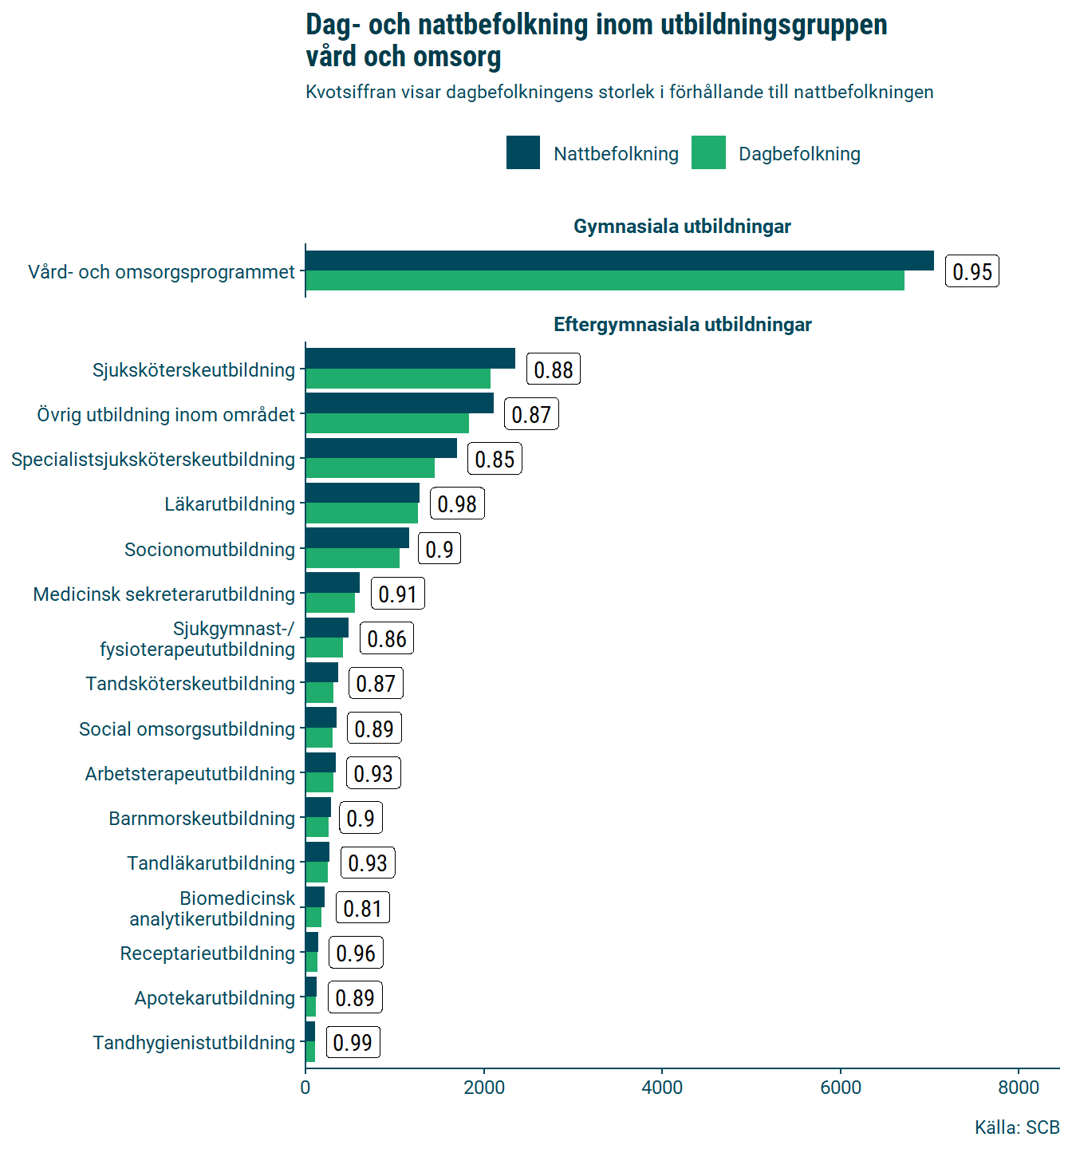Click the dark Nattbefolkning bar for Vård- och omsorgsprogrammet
(619, 261)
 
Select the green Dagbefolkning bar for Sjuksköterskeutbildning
(398, 379)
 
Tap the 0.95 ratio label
(972, 272)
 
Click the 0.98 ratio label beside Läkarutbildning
(457, 504)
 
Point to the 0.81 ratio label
(363, 909)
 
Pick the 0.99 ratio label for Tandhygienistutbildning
(353, 1043)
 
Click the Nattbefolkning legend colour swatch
(522, 153)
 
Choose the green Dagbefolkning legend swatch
(708, 153)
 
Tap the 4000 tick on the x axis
(662, 1088)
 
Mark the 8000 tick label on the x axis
(1019, 1088)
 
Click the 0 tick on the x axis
(305, 1088)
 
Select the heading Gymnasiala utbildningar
(682, 227)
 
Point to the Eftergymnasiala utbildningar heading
(682, 325)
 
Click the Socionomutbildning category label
(210, 550)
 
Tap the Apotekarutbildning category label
(215, 998)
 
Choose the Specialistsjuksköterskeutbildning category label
(153, 460)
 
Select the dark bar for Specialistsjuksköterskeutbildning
(381, 448)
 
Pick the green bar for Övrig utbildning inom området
(387, 424)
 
